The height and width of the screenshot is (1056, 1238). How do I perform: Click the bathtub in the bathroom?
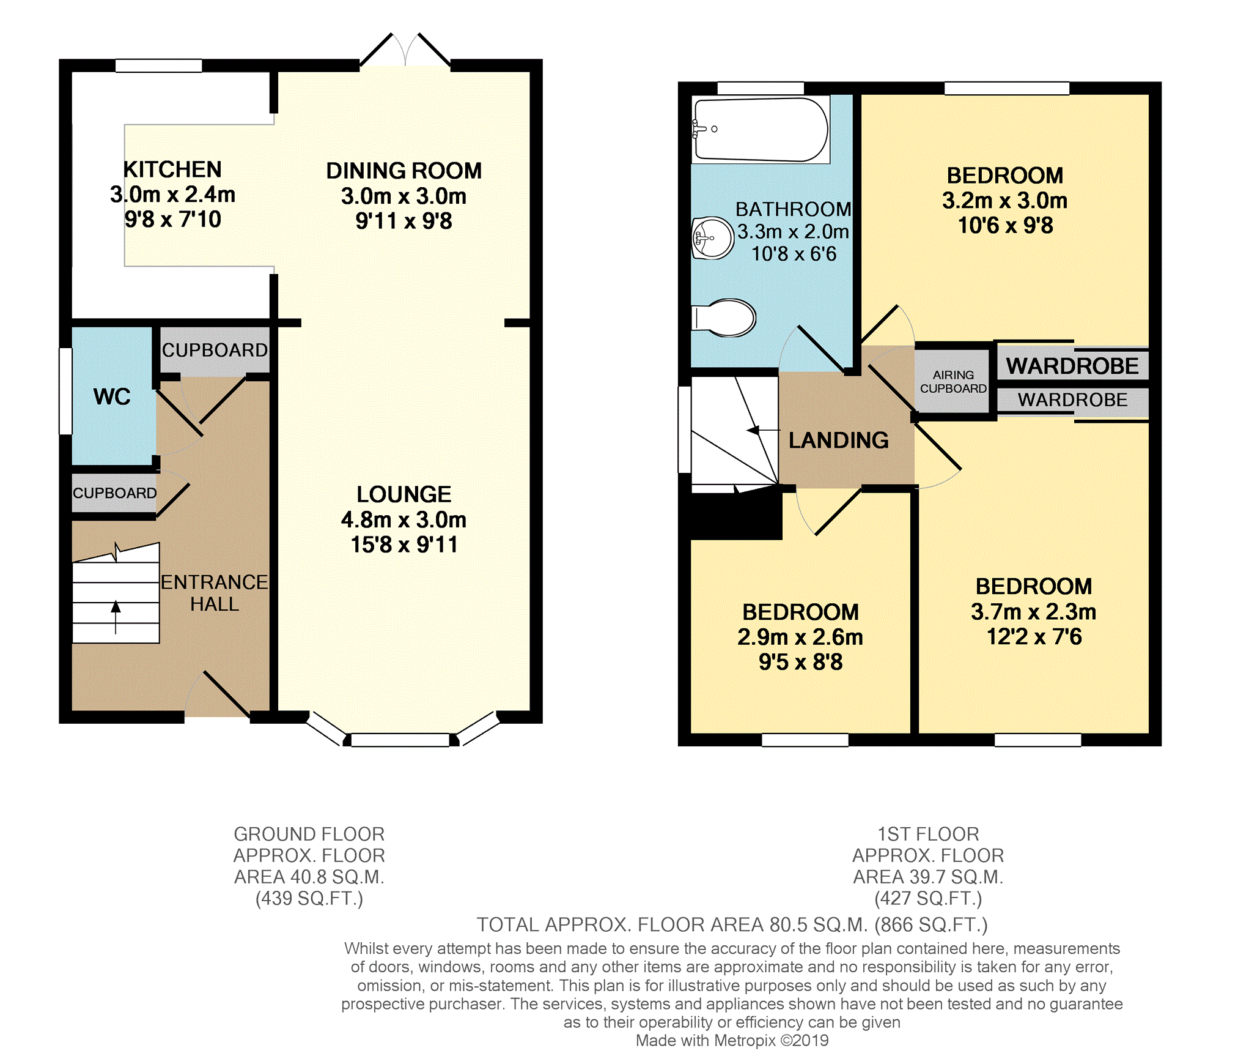coord(761,130)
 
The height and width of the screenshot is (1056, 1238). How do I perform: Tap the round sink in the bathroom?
coord(713,237)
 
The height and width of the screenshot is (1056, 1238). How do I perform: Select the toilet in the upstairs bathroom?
coord(724,318)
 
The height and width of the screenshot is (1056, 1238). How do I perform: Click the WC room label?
coord(112,396)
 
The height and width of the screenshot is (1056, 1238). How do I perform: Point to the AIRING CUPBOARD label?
coord(953,382)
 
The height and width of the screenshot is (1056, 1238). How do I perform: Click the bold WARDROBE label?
coord(1072,366)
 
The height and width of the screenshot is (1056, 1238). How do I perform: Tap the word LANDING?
coord(839,440)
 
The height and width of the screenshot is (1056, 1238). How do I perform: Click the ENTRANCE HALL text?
coord(214,593)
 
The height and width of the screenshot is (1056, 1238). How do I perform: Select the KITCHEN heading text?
coord(172,169)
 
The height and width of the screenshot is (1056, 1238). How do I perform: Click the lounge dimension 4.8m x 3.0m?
coord(403,520)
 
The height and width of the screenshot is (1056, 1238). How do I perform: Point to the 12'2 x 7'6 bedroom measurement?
coord(1034,637)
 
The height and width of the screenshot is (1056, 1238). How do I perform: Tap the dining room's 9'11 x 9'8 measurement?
coord(403,221)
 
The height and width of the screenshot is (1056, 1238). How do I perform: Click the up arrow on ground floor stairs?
coord(116,617)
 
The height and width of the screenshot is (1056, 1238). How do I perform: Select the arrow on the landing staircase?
coord(763,430)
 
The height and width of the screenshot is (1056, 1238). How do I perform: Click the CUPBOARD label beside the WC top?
coord(215,350)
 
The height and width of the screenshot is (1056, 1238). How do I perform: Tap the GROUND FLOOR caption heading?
coord(309,834)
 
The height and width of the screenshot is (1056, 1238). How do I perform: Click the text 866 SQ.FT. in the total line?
coord(931,924)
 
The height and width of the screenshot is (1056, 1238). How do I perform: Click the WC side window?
coord(65,391)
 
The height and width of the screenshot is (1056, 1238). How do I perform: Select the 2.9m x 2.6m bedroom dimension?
coord(800,638)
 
